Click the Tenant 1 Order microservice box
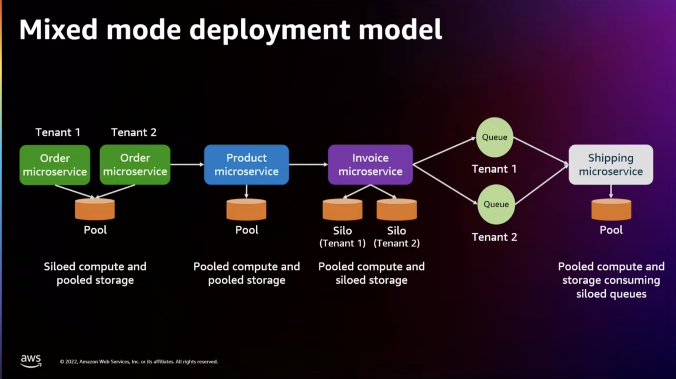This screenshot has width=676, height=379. (x=55, y=165)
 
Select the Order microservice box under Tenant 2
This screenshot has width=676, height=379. (x=135, y=165)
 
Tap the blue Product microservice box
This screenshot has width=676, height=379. (x=247, y=165)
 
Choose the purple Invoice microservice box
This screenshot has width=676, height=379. (x=370, y=165)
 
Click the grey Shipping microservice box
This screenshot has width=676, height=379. (x=611, y=165)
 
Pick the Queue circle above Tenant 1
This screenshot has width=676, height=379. (x=494, y=137)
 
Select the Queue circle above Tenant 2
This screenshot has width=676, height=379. (x=496, y=205)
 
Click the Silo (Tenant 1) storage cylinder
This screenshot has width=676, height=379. (x=342, y=209)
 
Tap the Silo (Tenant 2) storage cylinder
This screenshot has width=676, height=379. (x=396, y=209)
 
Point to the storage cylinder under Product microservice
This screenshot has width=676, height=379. (x=247, y=209)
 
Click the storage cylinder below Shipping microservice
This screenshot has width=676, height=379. (x=611, y=209)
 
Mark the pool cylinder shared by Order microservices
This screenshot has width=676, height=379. (x=95, y=209)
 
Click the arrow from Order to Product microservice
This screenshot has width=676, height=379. (x=187, y=165)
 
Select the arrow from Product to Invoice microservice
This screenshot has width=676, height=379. (x=308, y=165)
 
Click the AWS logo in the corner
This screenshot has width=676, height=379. (x=31, y=361)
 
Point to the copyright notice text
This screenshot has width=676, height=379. (x=139, y=362)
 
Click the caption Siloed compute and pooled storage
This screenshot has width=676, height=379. (x=95, y=273)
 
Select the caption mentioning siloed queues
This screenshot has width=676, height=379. (x=611, y=280)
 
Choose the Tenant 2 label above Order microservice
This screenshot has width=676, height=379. (x=133, y=133)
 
